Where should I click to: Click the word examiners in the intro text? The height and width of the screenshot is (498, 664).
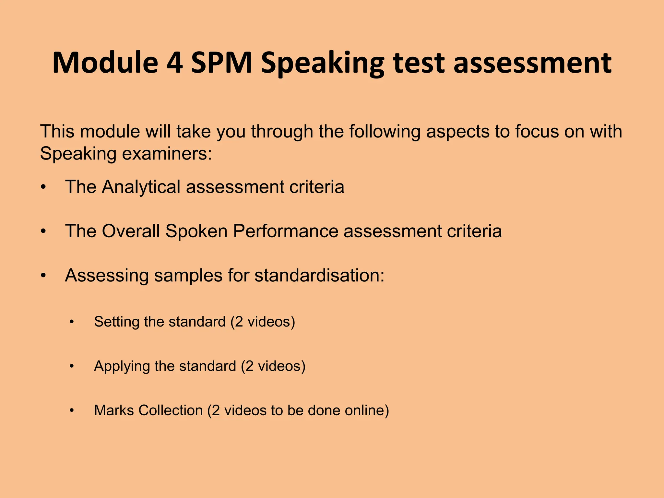pyautogui.click(x=167, y=153)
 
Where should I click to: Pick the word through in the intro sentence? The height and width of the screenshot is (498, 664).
pyautogui.click(x=282, y=132)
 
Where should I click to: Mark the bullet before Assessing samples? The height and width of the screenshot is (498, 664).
pyautogui.click(x=43, y=276)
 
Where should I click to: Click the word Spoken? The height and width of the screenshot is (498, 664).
pyautogui.click(x=196, y=231)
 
